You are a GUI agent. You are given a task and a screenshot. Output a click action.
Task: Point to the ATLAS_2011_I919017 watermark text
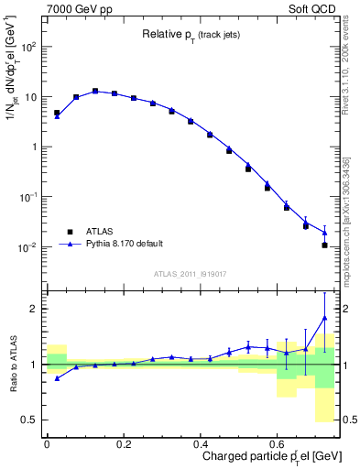(x=191, y=272)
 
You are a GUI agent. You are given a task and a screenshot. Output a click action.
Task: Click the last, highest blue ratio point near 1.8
(x=324, y=318)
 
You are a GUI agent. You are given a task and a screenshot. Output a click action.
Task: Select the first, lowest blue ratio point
(x=57, y=378)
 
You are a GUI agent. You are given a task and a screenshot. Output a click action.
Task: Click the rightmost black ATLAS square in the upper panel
(x=324, y=245)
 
